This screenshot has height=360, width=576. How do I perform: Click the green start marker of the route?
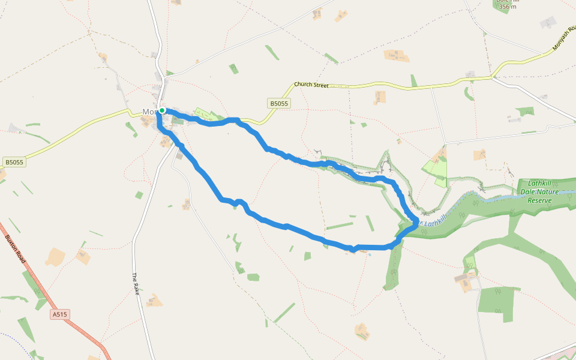[x=162, y=110]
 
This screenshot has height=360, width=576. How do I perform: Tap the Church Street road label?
[x=311, y=85]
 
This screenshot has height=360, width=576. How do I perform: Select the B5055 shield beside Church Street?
[x=279, y=104]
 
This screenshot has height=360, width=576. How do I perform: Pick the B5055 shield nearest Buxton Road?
[x=14, y=162]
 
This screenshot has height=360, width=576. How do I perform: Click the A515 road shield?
[x=60, y=314]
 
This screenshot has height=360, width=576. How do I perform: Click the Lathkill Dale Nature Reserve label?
[x=543, y=191]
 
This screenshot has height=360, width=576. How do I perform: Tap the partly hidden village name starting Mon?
[x=150, y=112]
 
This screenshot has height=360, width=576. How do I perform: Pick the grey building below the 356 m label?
[x=548, y=23]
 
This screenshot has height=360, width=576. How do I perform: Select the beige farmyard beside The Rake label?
[x=154, y=300]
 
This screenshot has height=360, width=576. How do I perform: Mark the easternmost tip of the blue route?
[x=416, y=223]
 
